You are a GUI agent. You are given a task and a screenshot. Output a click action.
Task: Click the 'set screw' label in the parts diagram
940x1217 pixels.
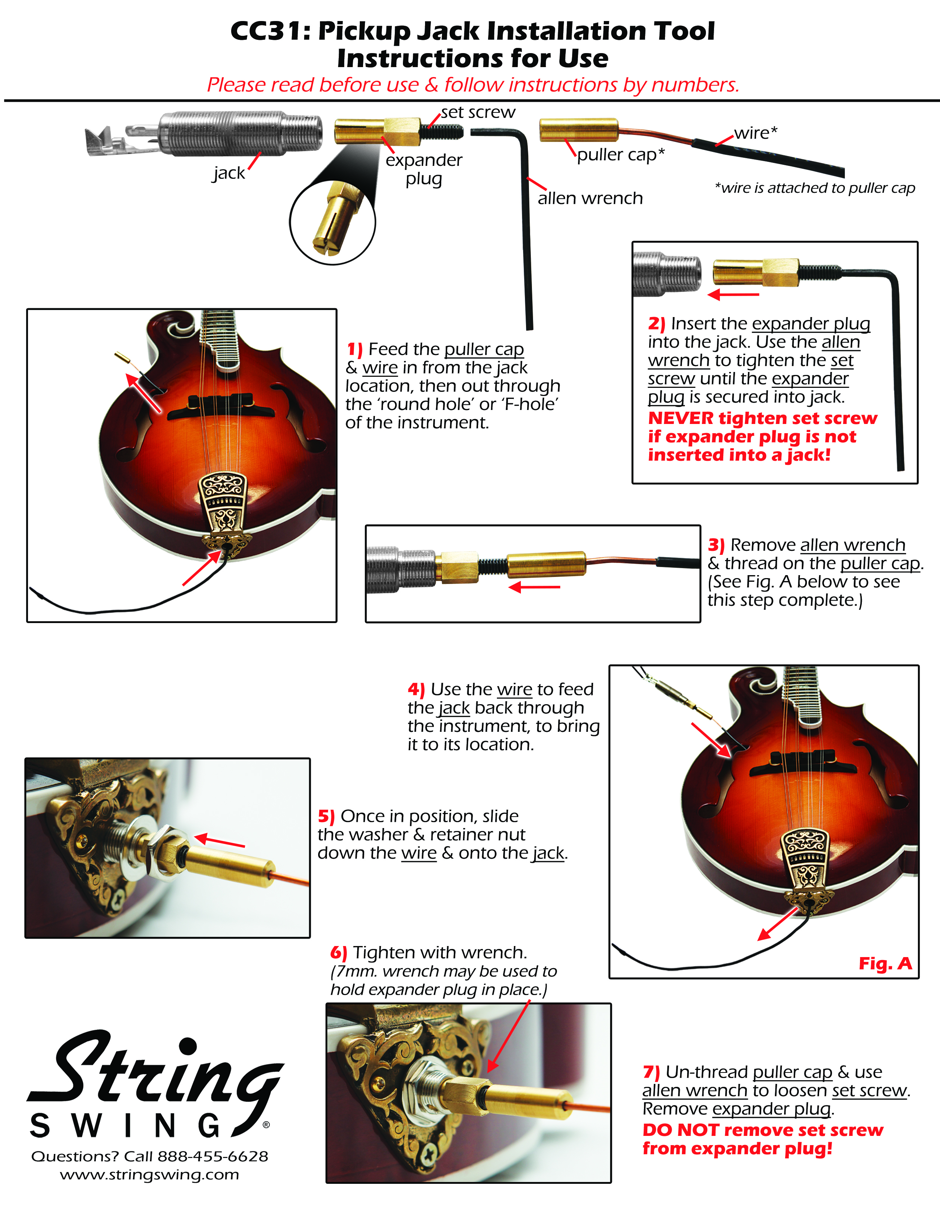[478, 112]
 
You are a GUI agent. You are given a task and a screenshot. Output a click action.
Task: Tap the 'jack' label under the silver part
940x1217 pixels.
[229, 173]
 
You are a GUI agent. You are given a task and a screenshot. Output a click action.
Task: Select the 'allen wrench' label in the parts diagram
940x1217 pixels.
[590, 198]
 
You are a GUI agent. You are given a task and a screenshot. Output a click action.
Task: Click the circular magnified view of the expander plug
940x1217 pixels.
[333, 222]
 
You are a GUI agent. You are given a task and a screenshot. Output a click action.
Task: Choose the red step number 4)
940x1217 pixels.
[416, 689]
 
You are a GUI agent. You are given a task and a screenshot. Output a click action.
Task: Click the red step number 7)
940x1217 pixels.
[651, 1072]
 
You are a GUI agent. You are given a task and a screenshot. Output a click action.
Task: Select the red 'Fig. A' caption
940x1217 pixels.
[885, 963]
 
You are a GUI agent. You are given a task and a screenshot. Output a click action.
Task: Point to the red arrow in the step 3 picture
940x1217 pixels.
[535, 587]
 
